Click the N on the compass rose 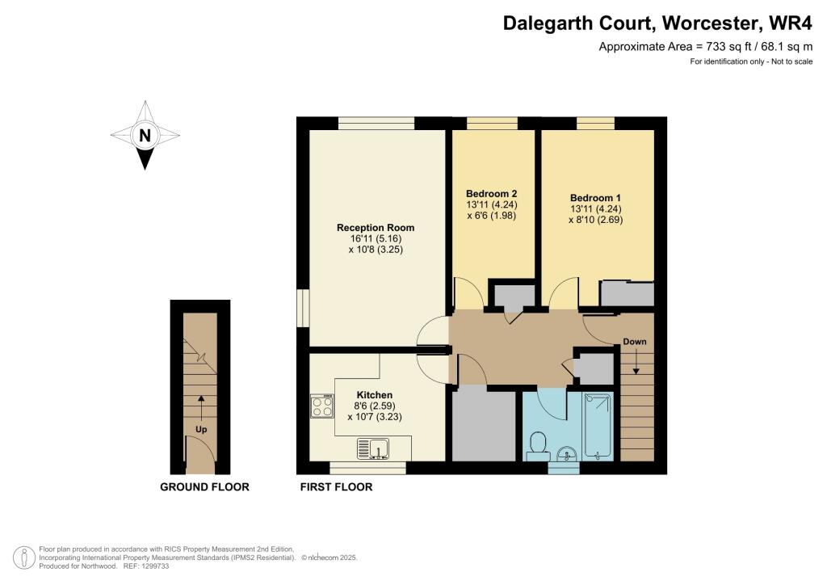point(145,136)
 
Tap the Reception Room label point(369,228)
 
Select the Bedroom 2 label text point(491,194)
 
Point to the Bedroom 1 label point(595,198)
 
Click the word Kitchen point(374,395)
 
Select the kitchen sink point(374,447)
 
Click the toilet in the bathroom point(538,444)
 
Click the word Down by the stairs point(635,342)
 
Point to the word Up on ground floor point(201,429)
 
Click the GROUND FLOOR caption point(204,487)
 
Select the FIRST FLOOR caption point(336,487)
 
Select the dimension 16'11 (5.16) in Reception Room point(369,239)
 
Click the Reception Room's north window point(376,123)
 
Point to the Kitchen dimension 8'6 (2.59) point(374,406)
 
